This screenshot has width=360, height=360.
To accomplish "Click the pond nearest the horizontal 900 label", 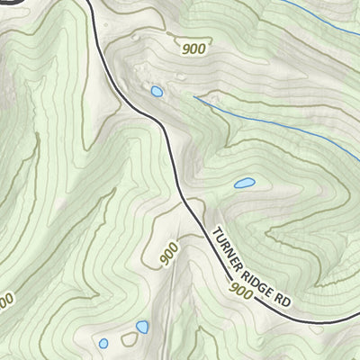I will click(x=157, y=91).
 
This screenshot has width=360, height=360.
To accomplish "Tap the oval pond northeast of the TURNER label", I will click(x=243, y=184).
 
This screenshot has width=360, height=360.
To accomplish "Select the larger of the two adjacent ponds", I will click(x=141, y=328).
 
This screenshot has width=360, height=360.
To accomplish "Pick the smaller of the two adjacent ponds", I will click(x=103, y=343).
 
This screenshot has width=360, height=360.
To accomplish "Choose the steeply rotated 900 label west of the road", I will click(x=168, y=255).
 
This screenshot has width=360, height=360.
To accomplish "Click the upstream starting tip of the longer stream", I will click(x=194, y=97).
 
